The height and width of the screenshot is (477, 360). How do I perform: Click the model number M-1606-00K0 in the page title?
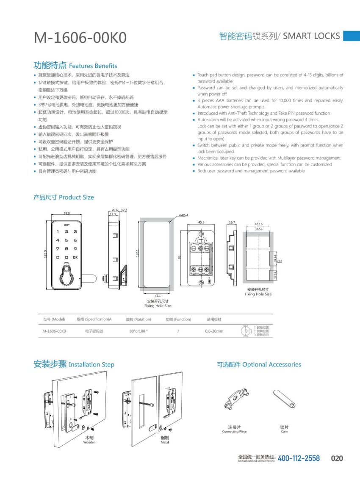pyautogui.click(x=80, y=38)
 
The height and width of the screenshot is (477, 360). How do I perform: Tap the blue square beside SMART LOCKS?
pyautogui.click(x=351, y=36)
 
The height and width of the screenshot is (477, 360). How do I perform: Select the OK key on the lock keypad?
pyautogui.click(x=75, y=257)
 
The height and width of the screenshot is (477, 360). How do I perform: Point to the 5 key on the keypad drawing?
pyautogui.click(x=66, y=240)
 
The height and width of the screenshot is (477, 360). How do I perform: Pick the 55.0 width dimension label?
pyautogui.click(x=66, y=214)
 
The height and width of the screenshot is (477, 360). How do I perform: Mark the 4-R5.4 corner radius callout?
pyautogui.click(x=183, y=215)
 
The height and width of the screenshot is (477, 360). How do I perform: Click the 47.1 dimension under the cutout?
pyautogui.click(x=157, y=296)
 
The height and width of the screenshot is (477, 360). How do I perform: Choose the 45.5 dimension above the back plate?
pyautogui.click(x=201, y=222)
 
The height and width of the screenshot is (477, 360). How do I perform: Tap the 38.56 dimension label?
pyautogui.click(x=258, y=228)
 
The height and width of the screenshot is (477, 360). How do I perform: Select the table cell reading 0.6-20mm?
pyautogui.click(x=214, y=331)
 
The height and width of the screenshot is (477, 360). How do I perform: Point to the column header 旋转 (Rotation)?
pyautogui.click(x=138, y=319)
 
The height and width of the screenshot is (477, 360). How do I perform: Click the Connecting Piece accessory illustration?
pyautogui.click(x=234, y=400)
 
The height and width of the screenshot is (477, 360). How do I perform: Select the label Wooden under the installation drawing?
pyautogui.click(x=89, y=442)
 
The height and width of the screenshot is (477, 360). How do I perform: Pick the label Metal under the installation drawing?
pyautogui.click(x=165, y=442)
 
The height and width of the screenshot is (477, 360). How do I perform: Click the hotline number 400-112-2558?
pyautogui.click(x=299, y=458)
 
